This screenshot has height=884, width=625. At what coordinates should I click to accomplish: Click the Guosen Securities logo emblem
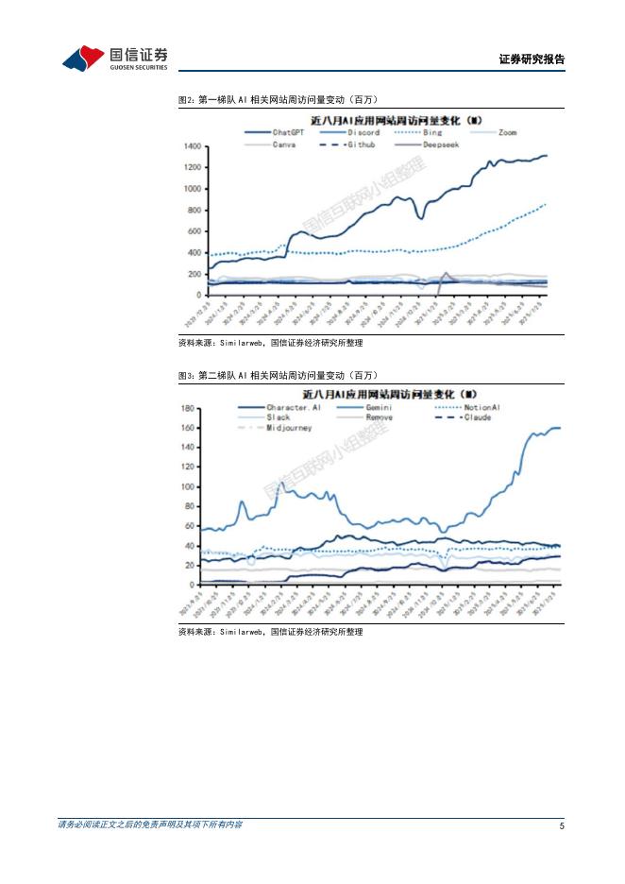[83, 59]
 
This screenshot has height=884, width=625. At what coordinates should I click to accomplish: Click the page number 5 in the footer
[562, 826]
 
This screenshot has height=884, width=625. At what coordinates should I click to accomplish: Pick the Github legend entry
[362, 144]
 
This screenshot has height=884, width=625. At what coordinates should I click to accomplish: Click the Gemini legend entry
[379, 407]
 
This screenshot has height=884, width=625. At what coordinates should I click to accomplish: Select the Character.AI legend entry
[294, 407]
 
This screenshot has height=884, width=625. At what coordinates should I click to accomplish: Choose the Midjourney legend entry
[289, 427]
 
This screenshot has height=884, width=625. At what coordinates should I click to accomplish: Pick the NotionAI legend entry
[481, 407]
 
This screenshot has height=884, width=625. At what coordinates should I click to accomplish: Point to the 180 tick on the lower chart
[188, 408]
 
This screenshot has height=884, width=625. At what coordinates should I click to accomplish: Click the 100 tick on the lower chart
[188, 486]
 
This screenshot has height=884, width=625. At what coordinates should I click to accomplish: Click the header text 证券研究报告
[531, 59]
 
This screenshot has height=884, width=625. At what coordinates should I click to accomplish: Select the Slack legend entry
[279, 416]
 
